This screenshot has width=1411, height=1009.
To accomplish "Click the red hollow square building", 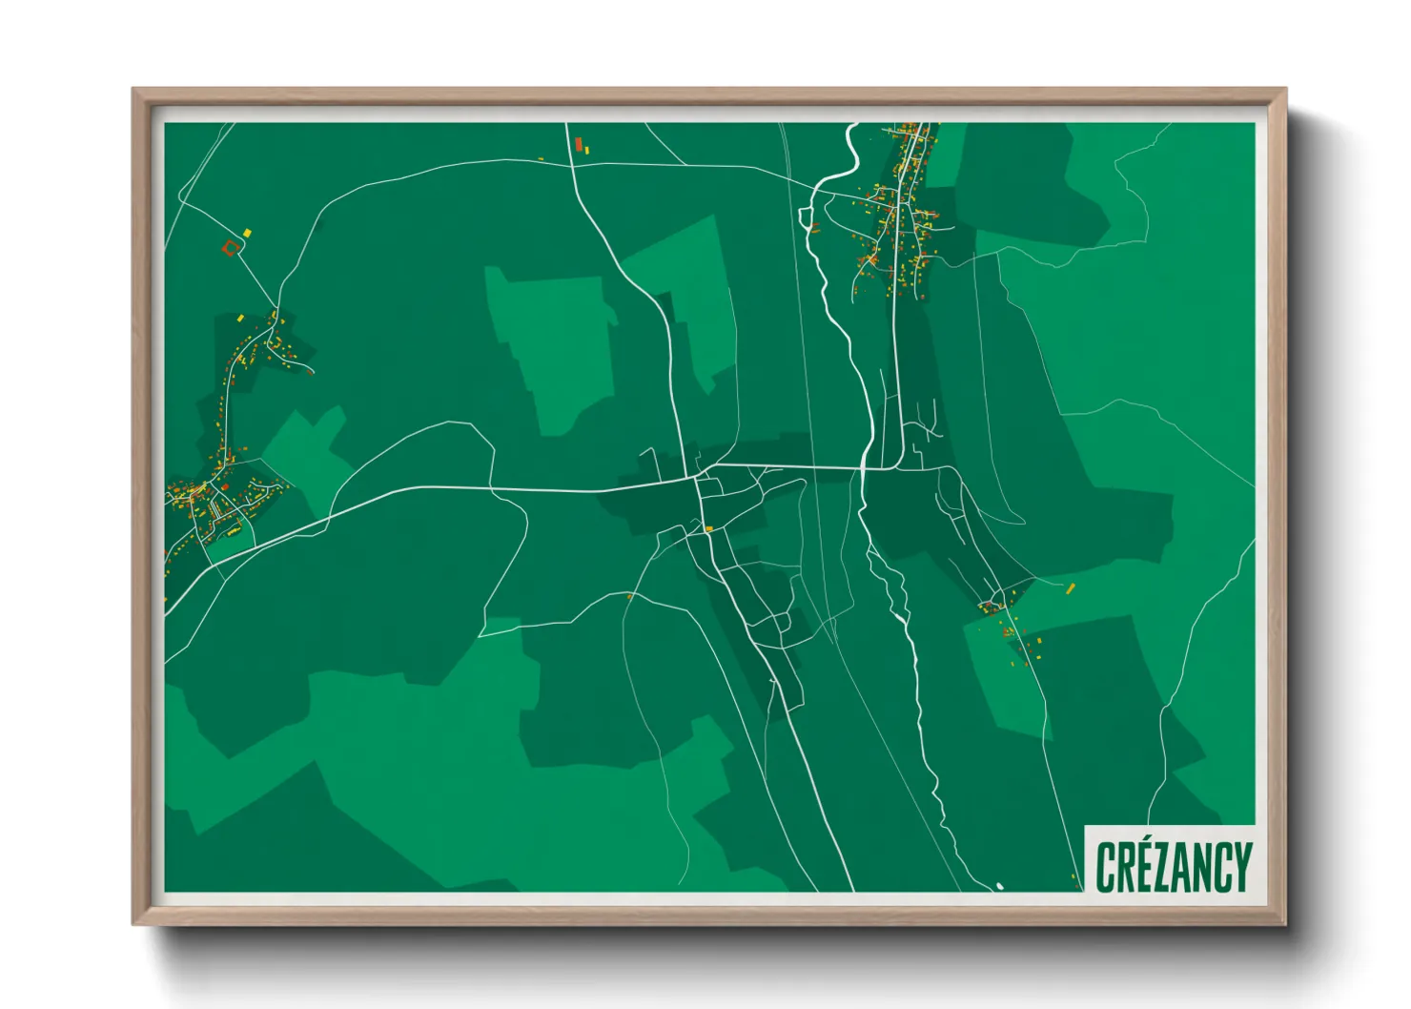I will tap(229, 249).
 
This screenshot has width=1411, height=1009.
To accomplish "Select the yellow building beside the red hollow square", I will tap(247, 232).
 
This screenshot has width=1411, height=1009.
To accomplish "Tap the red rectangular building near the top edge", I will tap(579, 144).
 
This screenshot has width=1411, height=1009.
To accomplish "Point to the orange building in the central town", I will tap(708, 528).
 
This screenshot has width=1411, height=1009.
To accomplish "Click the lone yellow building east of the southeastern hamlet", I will tap(1071, 587).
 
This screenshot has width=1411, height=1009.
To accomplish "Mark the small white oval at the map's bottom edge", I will tap(1000, 887).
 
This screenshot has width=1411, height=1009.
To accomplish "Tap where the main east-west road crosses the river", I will tap(864, 468).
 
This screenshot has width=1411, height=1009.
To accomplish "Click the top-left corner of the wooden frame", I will tap(134, 90).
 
